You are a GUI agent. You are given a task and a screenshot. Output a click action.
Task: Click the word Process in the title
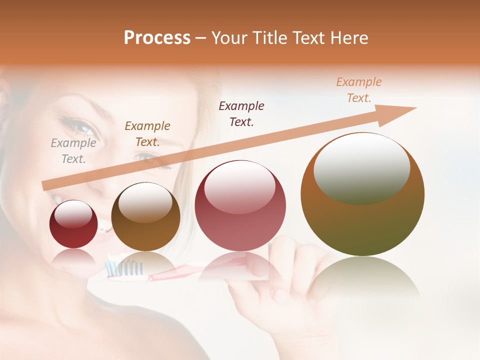[157, 38]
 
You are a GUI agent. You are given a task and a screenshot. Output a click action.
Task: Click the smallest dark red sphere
[73, 224]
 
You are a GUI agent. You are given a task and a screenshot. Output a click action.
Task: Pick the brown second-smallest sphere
[145, 216]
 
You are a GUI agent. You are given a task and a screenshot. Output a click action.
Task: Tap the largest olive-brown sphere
[362, 194]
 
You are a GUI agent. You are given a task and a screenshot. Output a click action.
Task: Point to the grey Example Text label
[73, 151]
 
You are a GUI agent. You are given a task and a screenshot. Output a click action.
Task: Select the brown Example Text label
[147, 133]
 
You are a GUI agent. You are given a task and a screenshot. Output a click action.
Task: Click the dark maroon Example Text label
[241, 113]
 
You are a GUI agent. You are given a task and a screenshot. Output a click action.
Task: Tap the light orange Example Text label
[359, 90]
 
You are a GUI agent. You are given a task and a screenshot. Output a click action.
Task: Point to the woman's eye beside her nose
[80, 128]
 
